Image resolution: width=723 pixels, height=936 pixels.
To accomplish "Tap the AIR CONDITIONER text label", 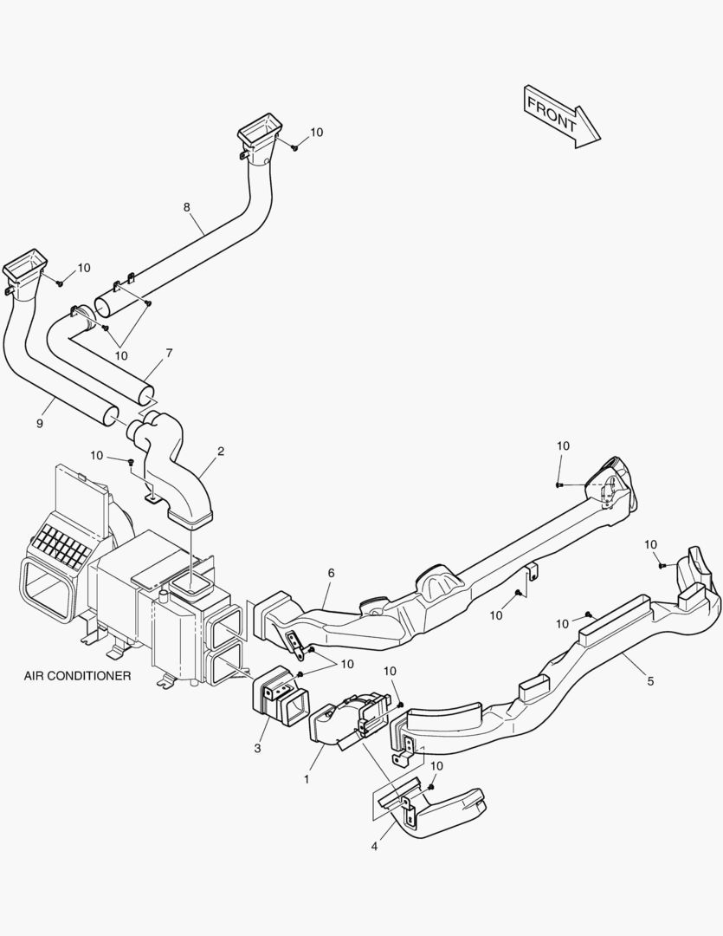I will pyautogui.click(x=78, y=675).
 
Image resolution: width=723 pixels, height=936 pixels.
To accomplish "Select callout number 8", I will pyautogui.click(x=186, y=207).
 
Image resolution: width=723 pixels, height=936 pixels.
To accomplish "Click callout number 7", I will pyautogui.click(x=169, y=354).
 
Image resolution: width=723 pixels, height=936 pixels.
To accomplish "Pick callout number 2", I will pyautogui.click(x=221, y=452).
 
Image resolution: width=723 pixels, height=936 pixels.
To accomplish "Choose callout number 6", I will pyautogui.click(x=330, y=573).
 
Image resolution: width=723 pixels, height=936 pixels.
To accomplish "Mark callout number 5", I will pyautogui.click(x=650, y=680).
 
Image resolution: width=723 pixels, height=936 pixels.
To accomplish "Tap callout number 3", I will pyautogui.click(x=257, y=747).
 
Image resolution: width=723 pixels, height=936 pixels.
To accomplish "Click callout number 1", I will pyautogui.click(x=306, y=779).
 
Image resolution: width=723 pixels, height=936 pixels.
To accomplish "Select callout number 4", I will pyautogui.click(x=374, y=846).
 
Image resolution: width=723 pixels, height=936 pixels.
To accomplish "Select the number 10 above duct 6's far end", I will pyautogui.click(x=563, y=445).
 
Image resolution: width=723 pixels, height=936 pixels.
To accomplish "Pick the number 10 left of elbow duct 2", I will pyautogui.click(x=96, y=455).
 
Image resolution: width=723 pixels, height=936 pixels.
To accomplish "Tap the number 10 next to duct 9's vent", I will pyautogui.click(x=84, y=268).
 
